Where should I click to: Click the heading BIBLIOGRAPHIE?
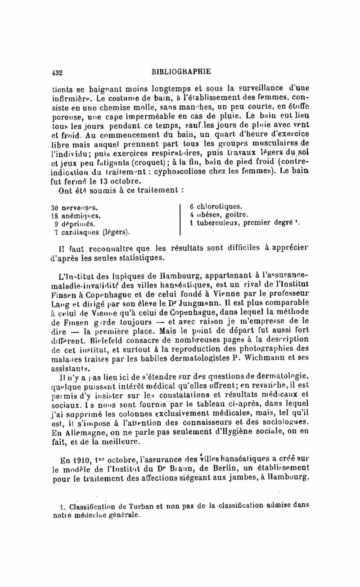tap(181, 71)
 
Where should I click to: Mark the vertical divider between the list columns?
tap(181, 220)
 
